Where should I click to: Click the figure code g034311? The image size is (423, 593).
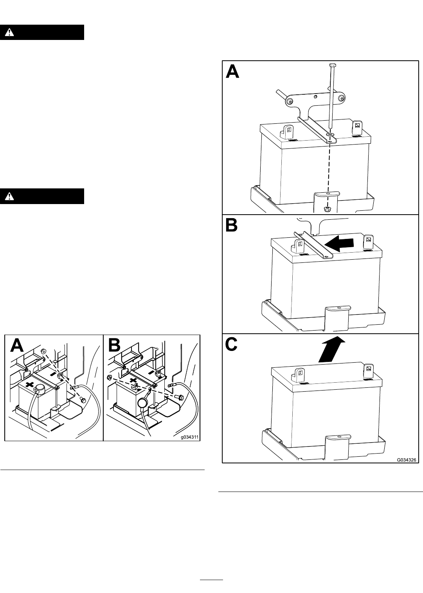coord(189,436)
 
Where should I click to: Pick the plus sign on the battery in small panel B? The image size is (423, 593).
coord(133,381)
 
